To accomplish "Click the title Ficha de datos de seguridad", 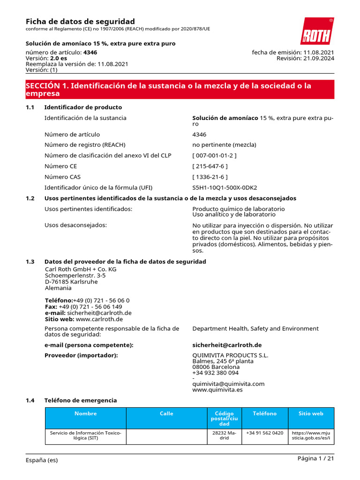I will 80,22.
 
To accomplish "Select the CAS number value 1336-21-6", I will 210,177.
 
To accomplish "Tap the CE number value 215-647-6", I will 210,166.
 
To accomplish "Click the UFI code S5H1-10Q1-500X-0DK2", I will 225,187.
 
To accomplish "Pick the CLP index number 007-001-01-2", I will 214,155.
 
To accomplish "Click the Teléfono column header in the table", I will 264,413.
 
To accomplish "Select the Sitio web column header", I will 311,413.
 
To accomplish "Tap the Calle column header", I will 166,413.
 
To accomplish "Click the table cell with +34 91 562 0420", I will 264,433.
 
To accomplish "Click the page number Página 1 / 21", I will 315,458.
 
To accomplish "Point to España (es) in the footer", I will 42,460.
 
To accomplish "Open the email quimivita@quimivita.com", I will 228,383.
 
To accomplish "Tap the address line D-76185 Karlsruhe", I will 71,282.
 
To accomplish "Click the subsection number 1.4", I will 30,400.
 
